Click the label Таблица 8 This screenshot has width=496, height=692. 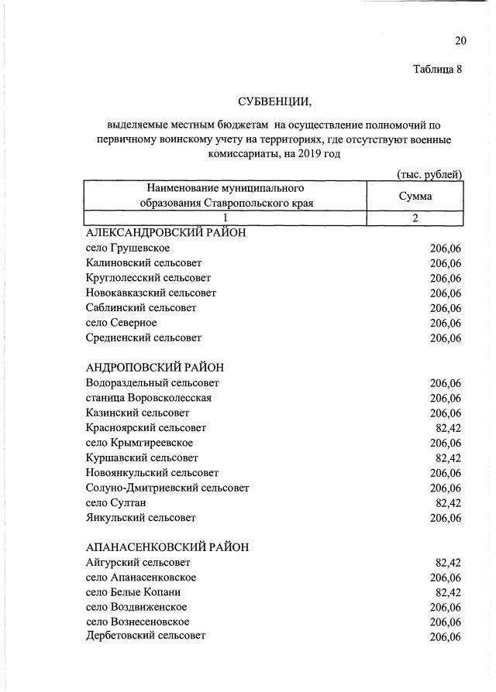tap(437, 70)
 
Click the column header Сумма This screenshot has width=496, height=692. tap(415, 196)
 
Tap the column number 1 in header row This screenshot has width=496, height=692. tap(226, 218)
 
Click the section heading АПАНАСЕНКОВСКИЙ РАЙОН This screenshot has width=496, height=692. tap(167, 546)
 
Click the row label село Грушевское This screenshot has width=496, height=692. tap(128, 248)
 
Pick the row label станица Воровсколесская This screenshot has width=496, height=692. tap(149, 398)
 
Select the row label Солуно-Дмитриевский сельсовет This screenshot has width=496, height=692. tap(167, 488)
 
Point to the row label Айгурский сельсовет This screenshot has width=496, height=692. tap(138, 563)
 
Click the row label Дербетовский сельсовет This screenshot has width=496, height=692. tap(146, 636)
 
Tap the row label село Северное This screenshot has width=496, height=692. tap(122, 323)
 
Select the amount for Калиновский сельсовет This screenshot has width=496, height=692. tap(446, 263)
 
